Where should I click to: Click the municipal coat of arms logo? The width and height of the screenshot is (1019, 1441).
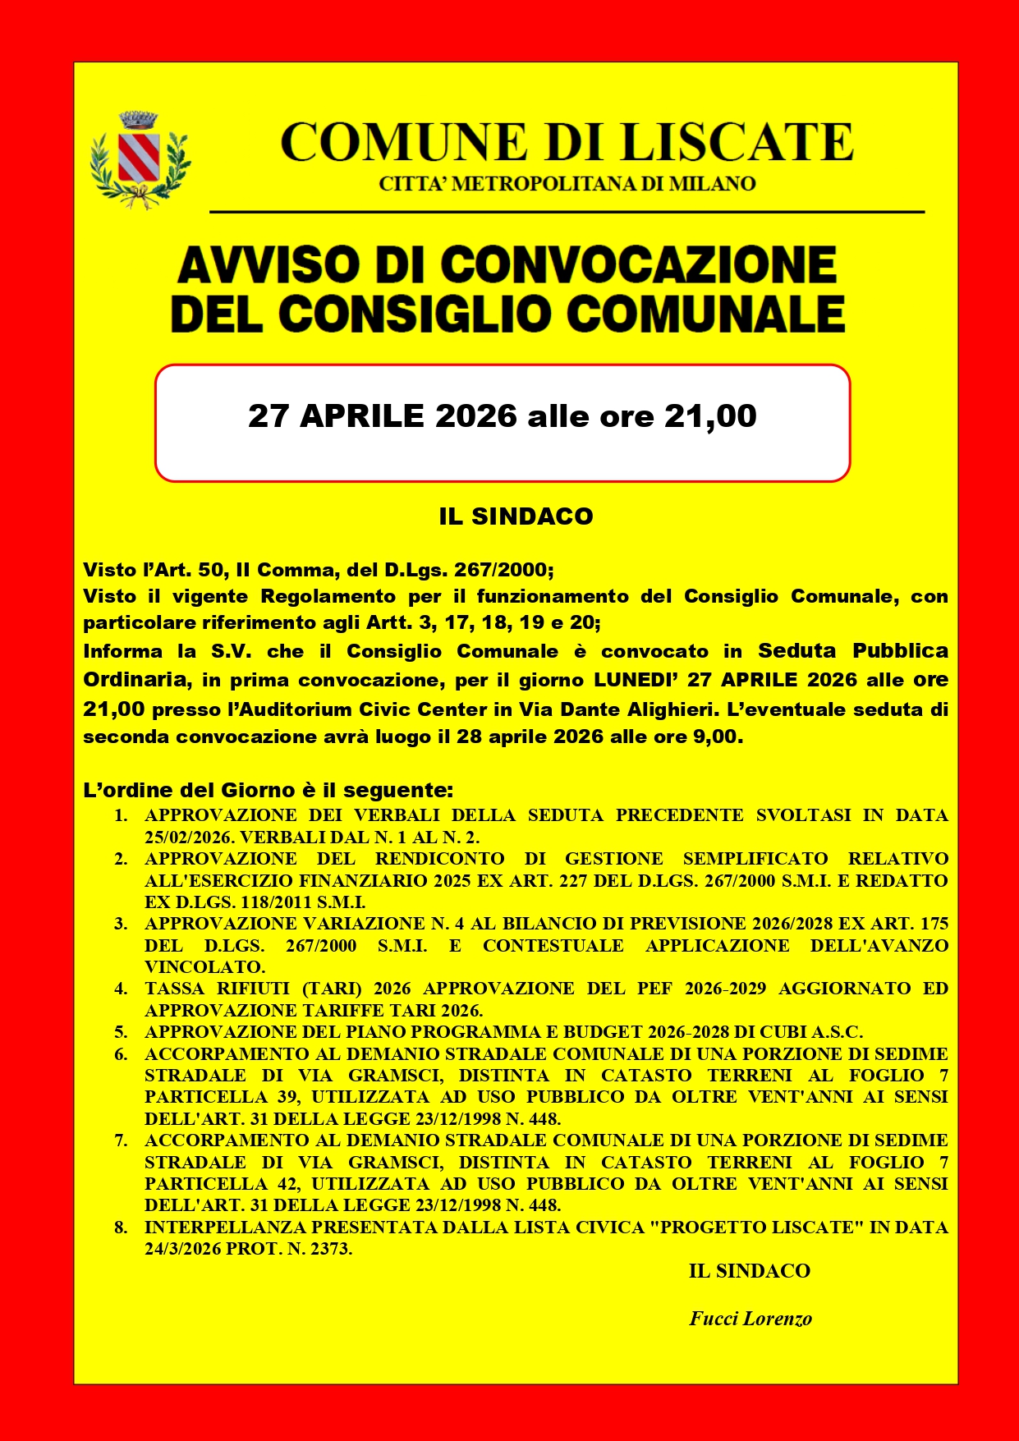(140, 159)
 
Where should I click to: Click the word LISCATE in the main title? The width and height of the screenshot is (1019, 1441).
(737, 142)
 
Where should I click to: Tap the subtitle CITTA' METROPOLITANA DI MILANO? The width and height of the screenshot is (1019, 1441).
(567, 184)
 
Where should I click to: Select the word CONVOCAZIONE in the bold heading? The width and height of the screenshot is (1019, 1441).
(638, 265)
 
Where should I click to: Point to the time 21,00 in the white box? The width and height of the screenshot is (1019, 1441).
(710, 416)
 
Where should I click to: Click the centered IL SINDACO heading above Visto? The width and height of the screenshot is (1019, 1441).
(516, 516)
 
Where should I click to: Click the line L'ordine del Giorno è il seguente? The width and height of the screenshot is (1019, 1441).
(269, 790)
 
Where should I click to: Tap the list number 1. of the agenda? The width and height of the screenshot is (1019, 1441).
(121, 815)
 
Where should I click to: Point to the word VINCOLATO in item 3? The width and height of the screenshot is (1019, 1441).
(204, 967)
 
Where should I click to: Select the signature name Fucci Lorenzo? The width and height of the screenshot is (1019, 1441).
(750, 1319)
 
